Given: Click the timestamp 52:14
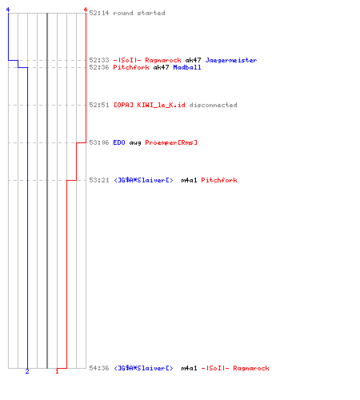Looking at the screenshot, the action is (x=99, y=13).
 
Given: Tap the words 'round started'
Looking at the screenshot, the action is (x=139, y=13).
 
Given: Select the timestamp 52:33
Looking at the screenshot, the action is (x=99, y=60).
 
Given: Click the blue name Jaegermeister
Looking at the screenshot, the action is (x=231, y=60).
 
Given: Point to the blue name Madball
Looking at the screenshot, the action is (x=187, y=67).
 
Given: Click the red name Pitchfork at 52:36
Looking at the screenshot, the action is (x=131, y=67).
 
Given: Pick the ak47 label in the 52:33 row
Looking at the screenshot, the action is (x=193, y=60).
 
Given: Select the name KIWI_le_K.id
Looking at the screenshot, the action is (x=161, y=105).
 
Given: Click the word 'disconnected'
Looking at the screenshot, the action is (x=213, y=105).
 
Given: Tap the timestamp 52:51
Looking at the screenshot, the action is (x=99, y=105).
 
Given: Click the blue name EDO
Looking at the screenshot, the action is (x=119, y=142).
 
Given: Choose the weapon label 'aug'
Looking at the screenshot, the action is (x=135, y=143).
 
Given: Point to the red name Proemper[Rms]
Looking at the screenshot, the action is (x=171, y=142).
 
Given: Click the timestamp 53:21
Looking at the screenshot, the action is (x=99, y=180).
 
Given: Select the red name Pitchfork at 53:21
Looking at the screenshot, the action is (x=219, y=180).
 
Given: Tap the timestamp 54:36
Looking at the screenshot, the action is (x=99, y=368).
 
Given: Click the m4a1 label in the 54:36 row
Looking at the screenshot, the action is (x=189, y=368).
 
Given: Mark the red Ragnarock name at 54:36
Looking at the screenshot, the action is (x=251, y=368).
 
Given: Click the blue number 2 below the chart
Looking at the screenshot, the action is (x=27, y=371).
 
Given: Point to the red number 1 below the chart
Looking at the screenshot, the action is (x=57, y=371).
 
